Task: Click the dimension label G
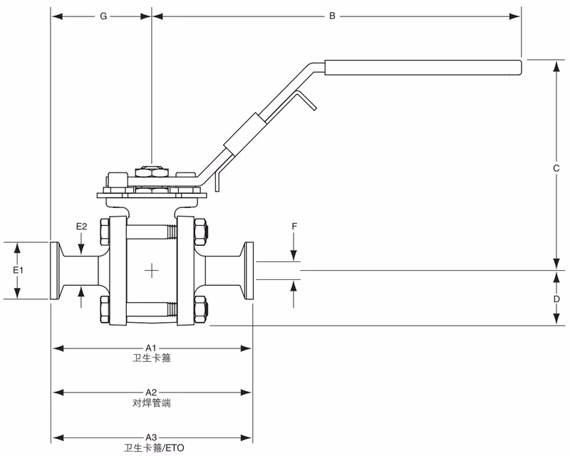(103, 16)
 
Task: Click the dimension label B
(332, 16)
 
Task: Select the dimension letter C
(556, 169)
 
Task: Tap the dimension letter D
(556, 299)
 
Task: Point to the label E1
(19, 271)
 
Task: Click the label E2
(82, 226)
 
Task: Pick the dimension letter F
(294, 226)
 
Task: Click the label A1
(151, 348)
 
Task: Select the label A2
(151, 393)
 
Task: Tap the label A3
(151, 437)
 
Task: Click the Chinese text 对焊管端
(151, 403)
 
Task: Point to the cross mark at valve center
(152, 270)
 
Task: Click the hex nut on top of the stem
(151, 171)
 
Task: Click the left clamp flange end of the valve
(55, 271)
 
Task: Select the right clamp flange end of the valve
(249, 271)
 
